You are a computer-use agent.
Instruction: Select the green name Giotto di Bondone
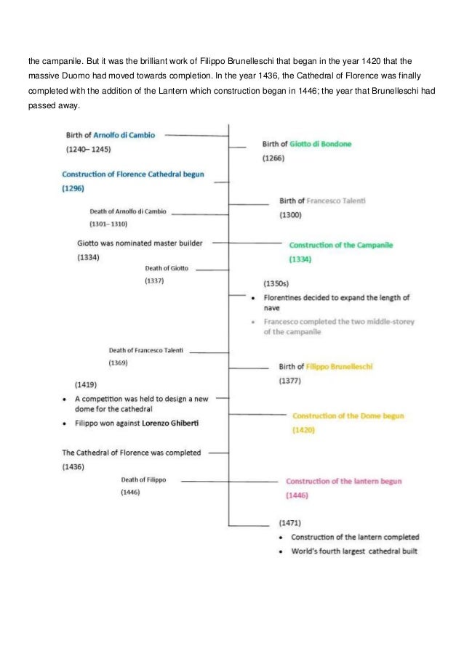click(x=320, y=144)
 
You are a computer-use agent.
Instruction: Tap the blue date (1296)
click(x=73, y=188)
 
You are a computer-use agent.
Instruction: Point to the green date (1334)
click(x=300, y=259)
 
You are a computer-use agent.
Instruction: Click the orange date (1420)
click(x=304, y=430)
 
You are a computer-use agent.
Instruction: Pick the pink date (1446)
click(x=297, y=495)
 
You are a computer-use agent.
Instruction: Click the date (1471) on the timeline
click(x=290, y=522)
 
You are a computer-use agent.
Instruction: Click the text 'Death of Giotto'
click(x=167, y=268)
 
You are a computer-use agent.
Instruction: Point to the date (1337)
click(x=154, y=281)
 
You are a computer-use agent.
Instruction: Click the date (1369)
click(x=119, y=363)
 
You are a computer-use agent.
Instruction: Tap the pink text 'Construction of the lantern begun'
click(x=343, y=481)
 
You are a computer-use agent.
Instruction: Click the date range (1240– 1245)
click(x=87, y=150)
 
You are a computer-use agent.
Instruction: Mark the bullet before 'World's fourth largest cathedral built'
click(x=281, y=552)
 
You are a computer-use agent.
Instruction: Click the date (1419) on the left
click(x=86, y=384)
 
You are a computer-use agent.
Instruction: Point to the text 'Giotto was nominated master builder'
click(x=140, y=243)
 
